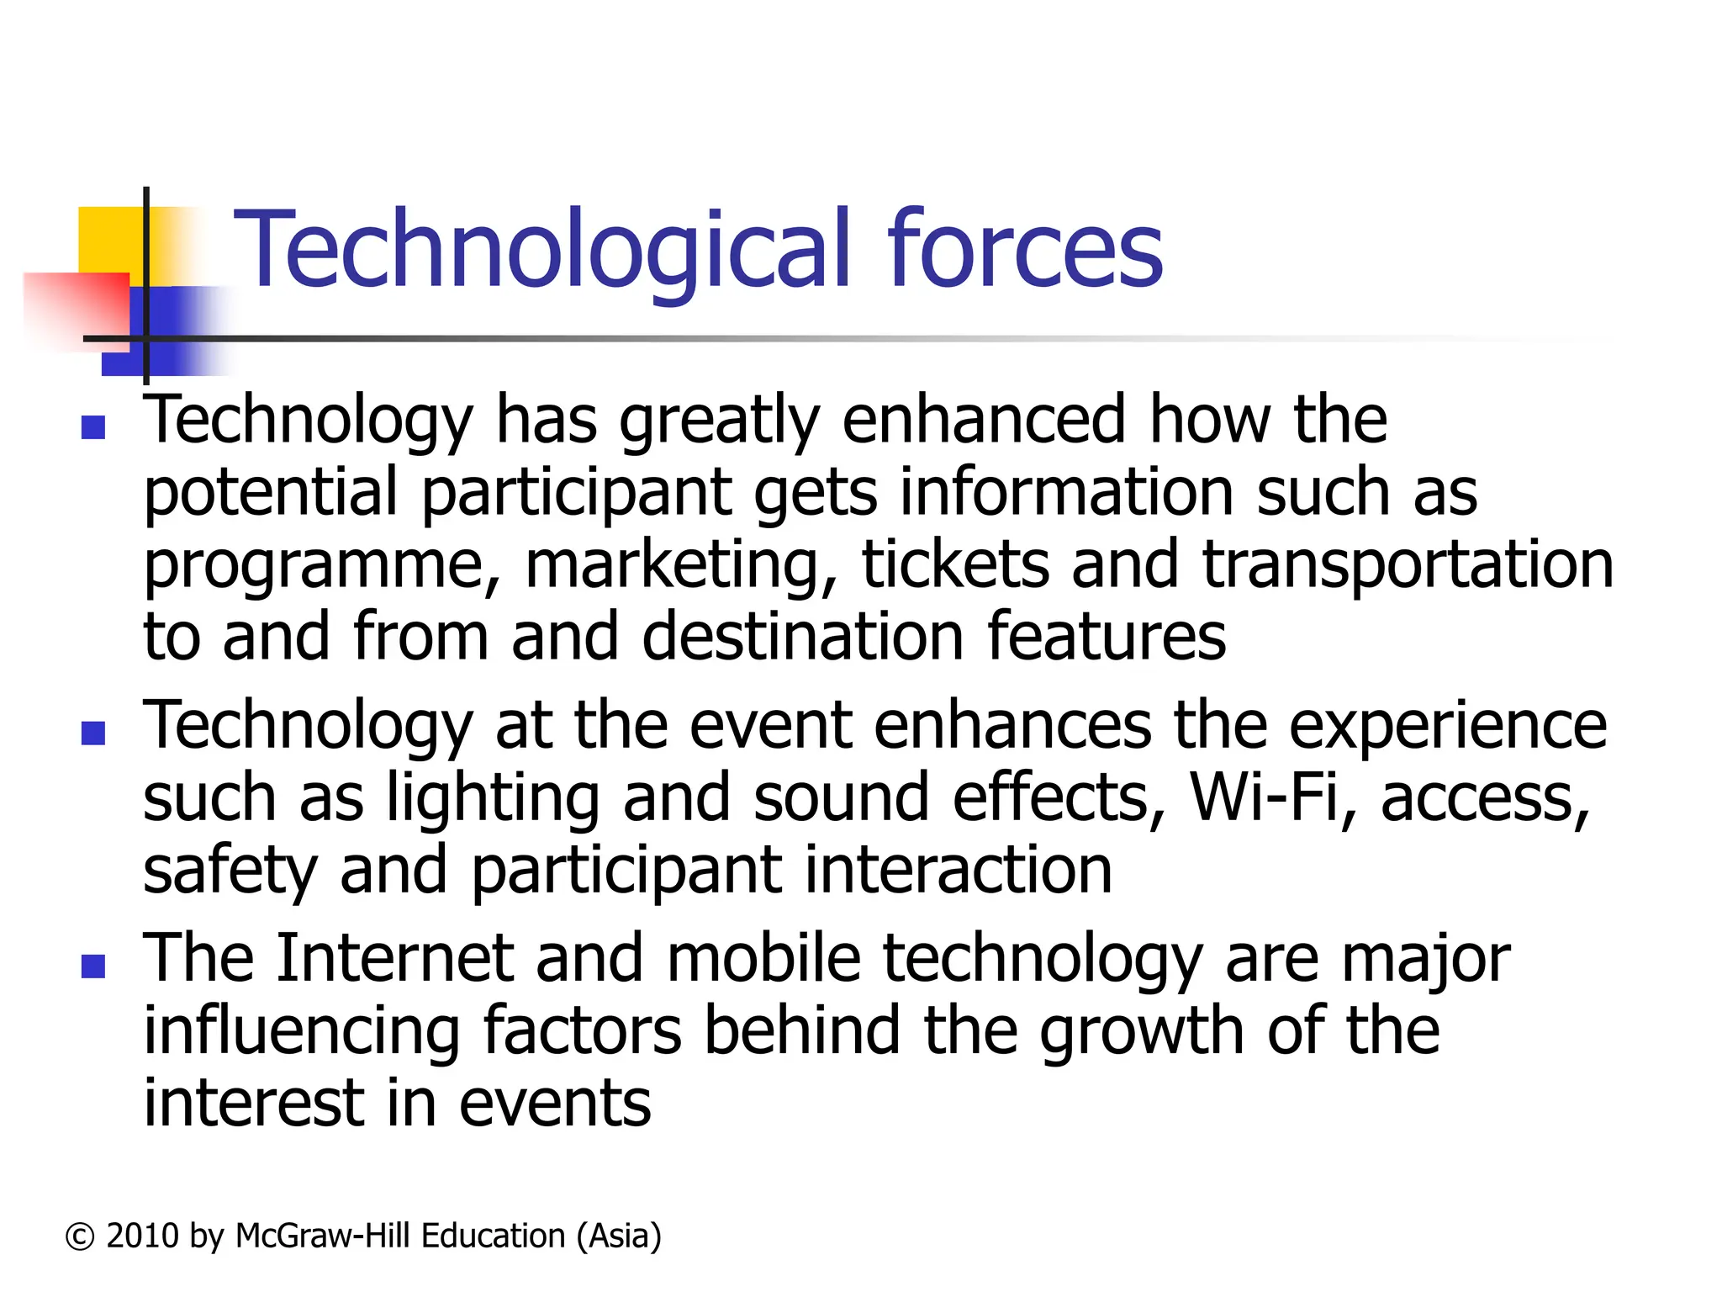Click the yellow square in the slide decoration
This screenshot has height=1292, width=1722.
(x=109, y=240)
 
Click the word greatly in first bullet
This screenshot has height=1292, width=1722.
(x=719, y=421)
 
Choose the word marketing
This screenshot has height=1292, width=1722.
(x=681, y=565)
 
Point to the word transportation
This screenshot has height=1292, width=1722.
(x=1408, y=565)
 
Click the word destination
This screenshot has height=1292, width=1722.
(x=802, y=637)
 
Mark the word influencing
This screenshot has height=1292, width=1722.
(x=301, y=1031)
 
